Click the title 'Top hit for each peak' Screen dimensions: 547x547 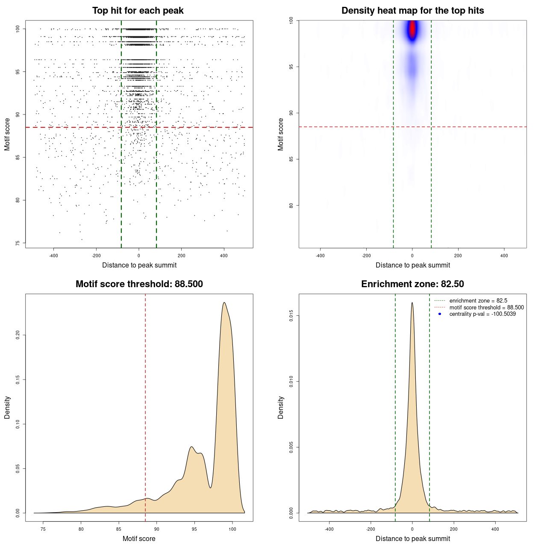(138, 11)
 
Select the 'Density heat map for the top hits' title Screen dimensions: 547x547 (412, 11)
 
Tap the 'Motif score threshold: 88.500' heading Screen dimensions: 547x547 (139, 284)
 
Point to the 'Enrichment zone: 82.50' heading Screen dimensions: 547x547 (412, 284)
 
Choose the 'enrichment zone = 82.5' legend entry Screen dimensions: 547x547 (478, 301)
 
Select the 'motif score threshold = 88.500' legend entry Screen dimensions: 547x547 (486, 307)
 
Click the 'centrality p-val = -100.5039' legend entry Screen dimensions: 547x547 (482, 314)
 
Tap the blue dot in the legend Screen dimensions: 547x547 (440, 314)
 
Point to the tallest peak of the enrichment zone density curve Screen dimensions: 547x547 (412, 303)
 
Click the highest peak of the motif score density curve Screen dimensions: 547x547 (224, 303)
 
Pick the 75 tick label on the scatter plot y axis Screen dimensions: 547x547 (18, 243)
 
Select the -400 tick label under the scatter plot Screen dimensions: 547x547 (53, 256)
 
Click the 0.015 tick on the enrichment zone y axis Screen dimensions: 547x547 (291, 316)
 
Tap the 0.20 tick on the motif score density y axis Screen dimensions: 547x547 (18, 335)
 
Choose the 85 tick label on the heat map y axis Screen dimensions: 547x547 (291, 159)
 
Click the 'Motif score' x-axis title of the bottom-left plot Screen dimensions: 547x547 (139, 538)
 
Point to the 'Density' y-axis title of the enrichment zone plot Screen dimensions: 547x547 (281, 407)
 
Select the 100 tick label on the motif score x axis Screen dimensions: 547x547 (232, 529)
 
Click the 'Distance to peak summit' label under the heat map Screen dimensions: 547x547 (412, 265)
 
